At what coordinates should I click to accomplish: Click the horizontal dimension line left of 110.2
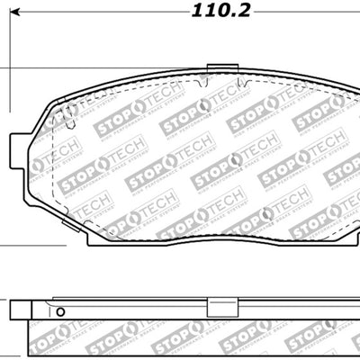pyautogui.click(x=90, y=26)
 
